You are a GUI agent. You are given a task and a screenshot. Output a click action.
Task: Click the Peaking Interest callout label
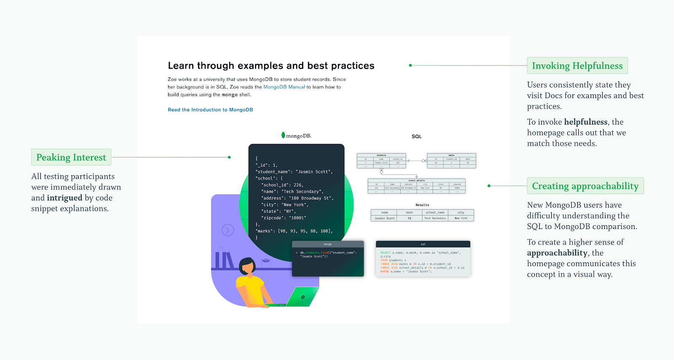[x=71, y=157]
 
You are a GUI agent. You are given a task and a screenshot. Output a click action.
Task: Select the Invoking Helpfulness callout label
[x=577, y=66]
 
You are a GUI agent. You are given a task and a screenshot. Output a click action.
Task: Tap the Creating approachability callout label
[x=585, y=186]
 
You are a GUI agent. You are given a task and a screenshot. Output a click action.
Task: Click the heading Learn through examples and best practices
[x=271, y=66]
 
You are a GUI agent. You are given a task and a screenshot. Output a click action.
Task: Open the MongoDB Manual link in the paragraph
[x=284, y=87]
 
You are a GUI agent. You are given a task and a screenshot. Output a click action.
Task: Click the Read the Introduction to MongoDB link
[x=210, y=110]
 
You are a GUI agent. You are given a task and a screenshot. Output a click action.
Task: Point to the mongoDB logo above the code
[x=296, y=136]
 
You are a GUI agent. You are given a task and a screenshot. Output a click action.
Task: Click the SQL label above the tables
[x=416, y=136]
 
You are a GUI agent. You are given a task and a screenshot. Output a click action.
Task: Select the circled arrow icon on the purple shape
[x=227, y=230]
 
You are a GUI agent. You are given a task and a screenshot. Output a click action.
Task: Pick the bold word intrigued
[x=64, y=198]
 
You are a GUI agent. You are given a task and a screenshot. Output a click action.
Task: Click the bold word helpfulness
[x=586, y=122]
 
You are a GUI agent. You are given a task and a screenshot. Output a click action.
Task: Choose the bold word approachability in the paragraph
[x=557, y=253]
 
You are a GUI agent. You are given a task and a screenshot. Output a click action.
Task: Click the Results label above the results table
[x=422, y=205]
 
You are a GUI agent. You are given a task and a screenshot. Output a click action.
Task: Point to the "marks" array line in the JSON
[x=294, y=231]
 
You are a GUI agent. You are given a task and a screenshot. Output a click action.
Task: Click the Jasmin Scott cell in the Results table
[x=385, y=218]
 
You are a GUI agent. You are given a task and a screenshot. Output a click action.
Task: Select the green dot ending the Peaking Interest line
[x=229, y=157]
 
